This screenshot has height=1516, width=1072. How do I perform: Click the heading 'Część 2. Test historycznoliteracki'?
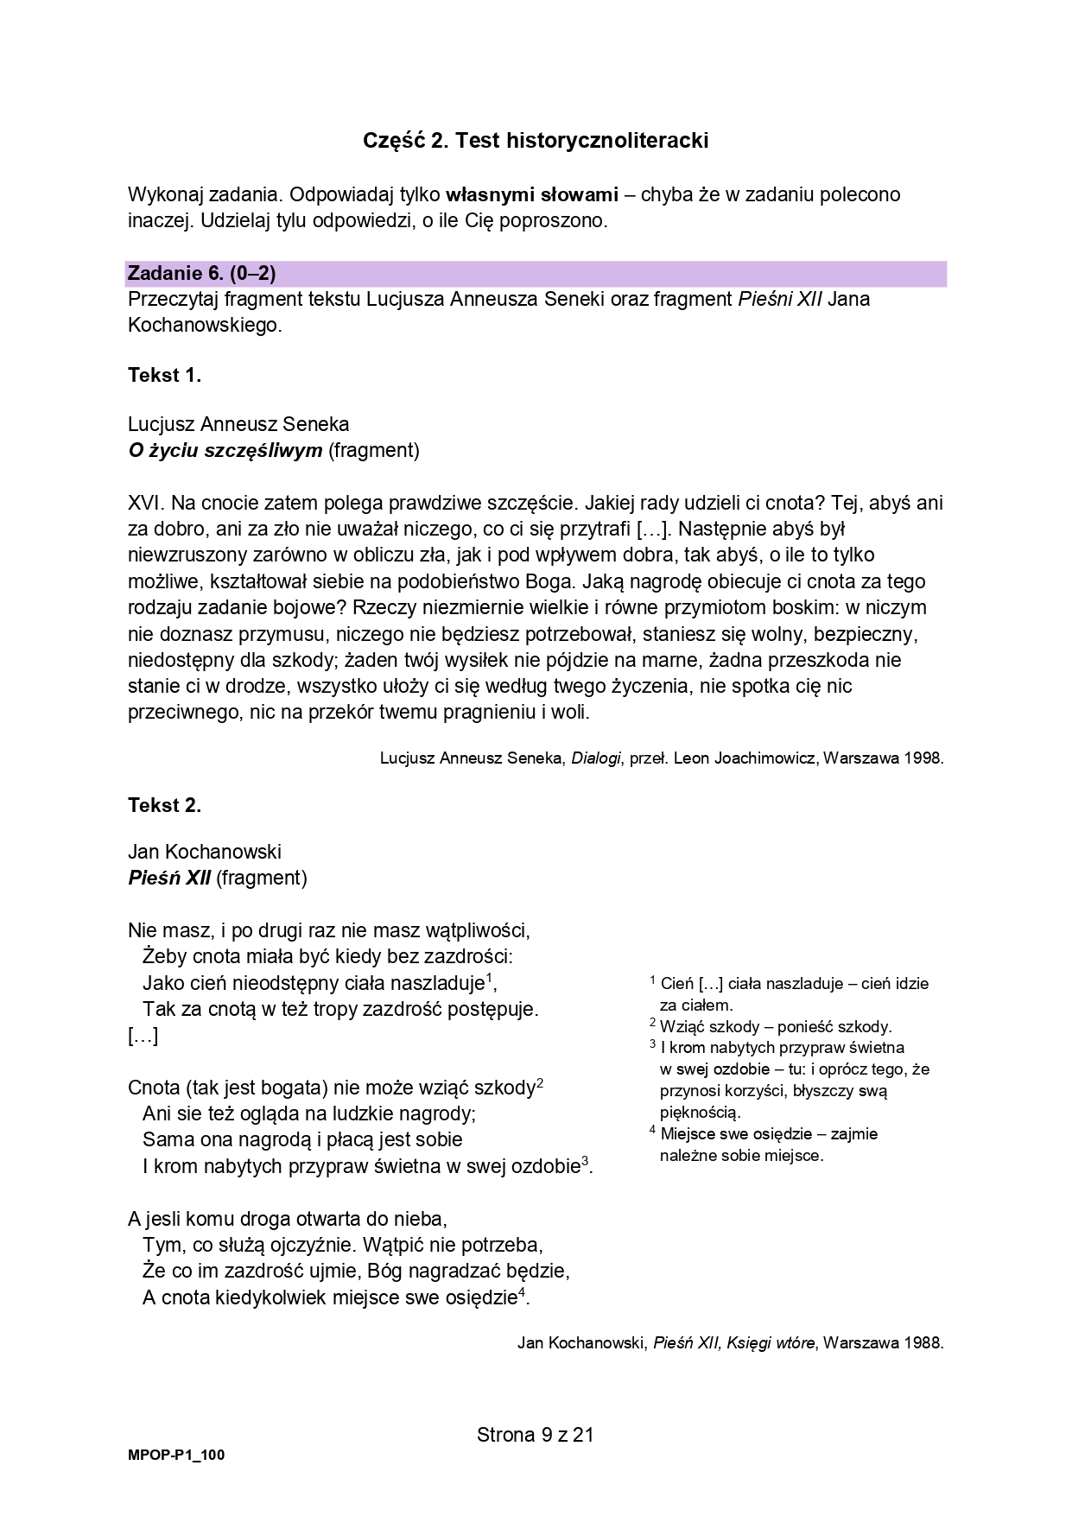click(x=536, y=140)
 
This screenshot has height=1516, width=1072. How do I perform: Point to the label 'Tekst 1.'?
click(x=164, y=375)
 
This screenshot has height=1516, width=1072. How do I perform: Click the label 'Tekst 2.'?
click(x=164, y=805)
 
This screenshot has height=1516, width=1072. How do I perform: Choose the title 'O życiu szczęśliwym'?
click(x=225, y=450)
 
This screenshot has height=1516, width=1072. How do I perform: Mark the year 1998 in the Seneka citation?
click(x=923, y=758)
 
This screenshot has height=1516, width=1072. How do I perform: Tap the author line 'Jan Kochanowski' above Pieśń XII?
click(x=205, y=852)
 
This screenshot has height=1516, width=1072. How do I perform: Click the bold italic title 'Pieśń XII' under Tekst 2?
click(x=169, y=878)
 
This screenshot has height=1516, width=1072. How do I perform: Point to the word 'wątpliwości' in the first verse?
click(x=477, y=930)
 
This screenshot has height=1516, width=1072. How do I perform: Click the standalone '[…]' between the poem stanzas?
click(x=143, y=1036)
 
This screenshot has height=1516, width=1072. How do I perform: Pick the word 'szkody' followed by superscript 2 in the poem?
click(x=506, y=1088)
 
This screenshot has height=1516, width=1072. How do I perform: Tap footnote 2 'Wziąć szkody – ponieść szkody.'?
click(x=775, y=1026)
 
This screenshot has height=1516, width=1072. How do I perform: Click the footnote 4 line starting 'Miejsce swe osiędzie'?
click(x=768, y=1134)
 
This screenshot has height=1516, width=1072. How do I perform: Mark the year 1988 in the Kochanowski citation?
click(x=923, y=1342)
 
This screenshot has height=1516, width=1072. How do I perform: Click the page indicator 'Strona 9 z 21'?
click(x=536, y=1435)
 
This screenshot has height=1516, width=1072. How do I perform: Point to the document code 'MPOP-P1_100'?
click(x=176, y=1455)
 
